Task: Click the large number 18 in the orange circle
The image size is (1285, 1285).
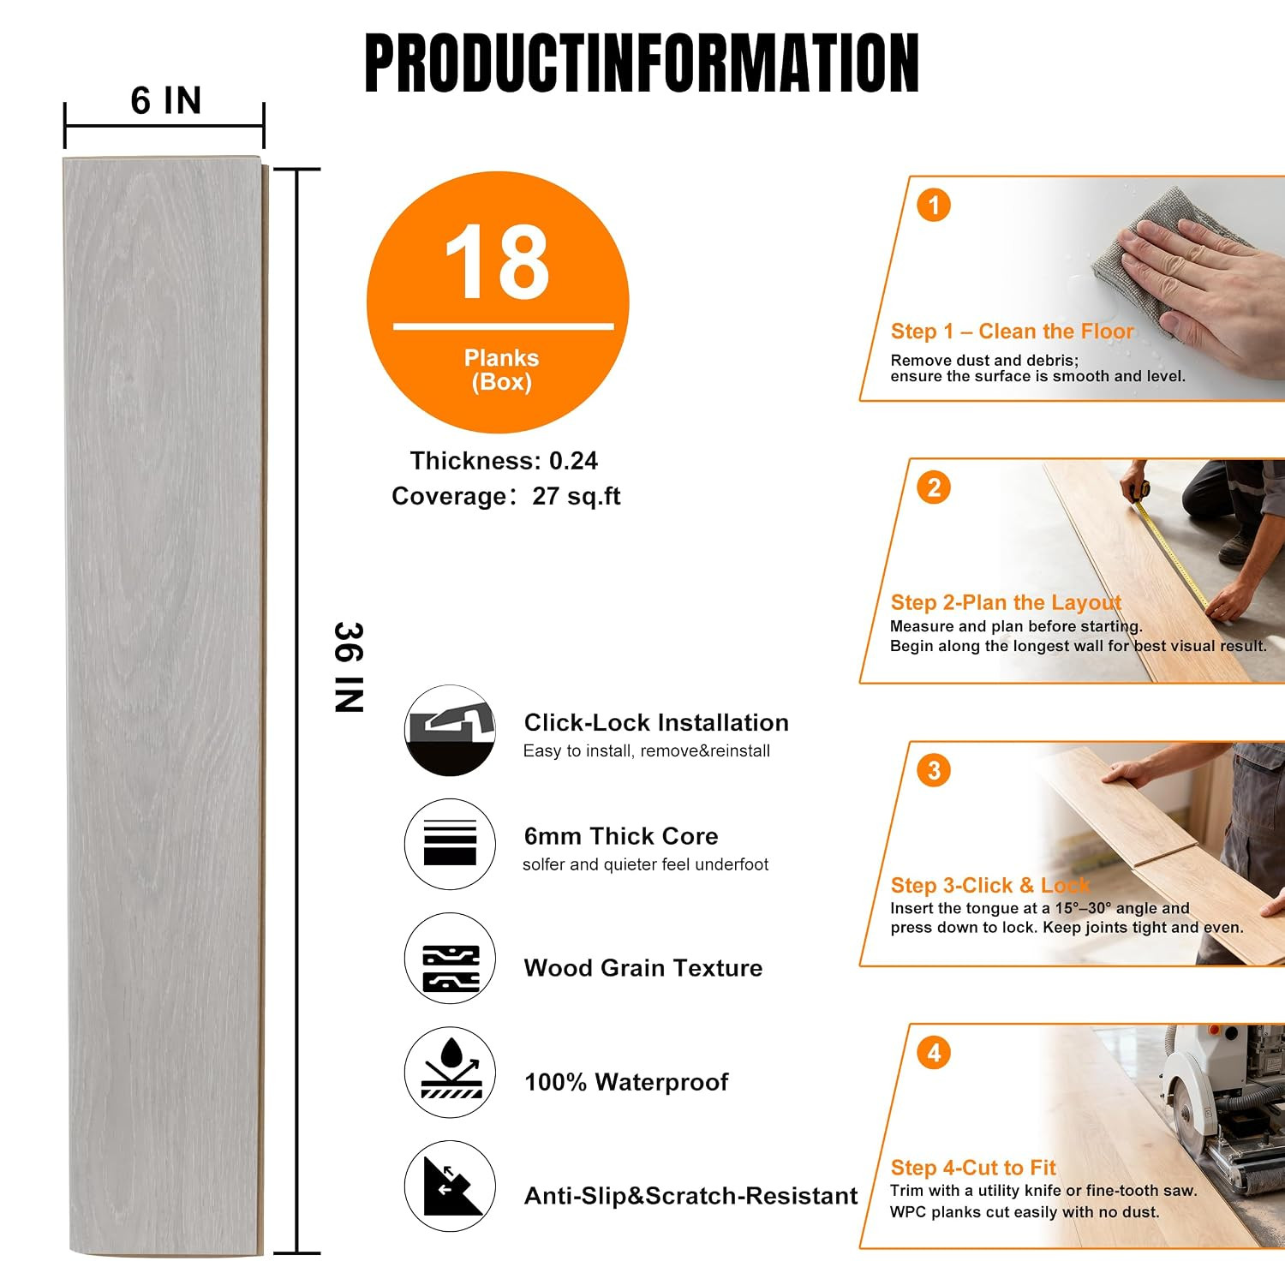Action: [x=497, y=261]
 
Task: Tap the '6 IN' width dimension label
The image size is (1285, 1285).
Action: [x=166, y=101]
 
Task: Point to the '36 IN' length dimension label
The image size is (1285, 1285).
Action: [x=349, y=667]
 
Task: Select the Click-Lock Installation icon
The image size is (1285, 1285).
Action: [x=450, y=730]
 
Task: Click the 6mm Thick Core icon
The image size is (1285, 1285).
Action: [x=450, y=844]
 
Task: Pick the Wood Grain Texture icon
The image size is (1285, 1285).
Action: [x=450, y=959]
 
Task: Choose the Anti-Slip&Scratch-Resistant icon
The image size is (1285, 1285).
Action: [x=450, y=1186]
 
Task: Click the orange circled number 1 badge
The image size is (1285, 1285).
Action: [x=934, y=206]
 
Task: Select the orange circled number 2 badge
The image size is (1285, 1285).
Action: [x=934, y=488]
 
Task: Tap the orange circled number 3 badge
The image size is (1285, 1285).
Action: [x=934, y=771]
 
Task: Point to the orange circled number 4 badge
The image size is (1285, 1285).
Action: [x=934, y=1053]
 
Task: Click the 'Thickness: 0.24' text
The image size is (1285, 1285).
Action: [x=504, y=461]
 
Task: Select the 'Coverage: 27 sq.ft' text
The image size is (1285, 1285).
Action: [x=505, y=496]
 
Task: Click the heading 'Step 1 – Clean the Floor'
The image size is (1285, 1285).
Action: [x=1012, y=332]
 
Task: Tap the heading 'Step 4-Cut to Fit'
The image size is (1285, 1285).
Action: [x=973, y=1168]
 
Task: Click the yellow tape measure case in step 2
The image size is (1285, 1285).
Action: [x=1140, y=491]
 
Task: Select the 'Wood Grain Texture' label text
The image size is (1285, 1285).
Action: [x=643, y=968]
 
